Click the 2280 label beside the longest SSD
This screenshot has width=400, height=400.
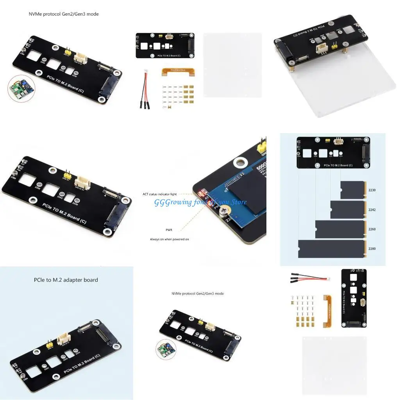(372, 248)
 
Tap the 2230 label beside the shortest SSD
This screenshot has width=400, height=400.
(372, 190)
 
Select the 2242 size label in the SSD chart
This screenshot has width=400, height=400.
(372, 210)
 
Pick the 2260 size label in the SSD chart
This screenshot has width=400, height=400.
(372, 229)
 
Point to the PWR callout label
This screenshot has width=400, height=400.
(169, 230)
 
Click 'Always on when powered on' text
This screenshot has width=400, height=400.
(169, 239)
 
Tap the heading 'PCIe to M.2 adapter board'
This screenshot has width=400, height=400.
(66, 280)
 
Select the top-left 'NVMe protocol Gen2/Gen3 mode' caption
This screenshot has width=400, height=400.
(64, 14)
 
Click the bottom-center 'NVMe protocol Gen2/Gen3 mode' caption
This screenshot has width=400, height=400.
(197, 293)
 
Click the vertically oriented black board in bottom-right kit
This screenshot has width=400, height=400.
(354, 298)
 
